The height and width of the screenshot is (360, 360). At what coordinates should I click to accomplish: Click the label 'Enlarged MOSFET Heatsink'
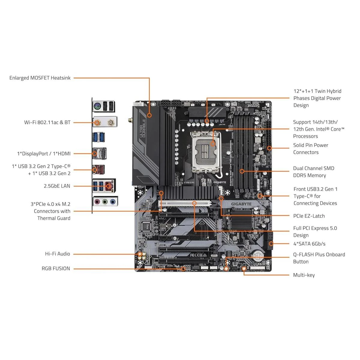click(x=40, y=78)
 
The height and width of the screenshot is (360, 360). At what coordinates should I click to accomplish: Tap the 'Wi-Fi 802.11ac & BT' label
click(x=47, y=122)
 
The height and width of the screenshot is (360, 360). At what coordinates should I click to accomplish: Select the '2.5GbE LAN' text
click(x=57, y=186)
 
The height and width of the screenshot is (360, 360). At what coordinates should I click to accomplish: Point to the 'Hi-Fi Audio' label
click(x=58, y=254)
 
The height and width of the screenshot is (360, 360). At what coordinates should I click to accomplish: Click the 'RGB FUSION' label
click(x=56, y=268)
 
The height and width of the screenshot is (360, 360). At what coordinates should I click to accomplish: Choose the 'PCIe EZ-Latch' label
click(x=309, y=216)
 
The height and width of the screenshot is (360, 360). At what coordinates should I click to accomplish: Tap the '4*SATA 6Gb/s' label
click(x=309, y=244)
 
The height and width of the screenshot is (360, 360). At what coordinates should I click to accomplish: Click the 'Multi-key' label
click(x=304, y=275)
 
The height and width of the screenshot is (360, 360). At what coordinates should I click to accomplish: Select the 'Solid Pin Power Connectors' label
click(x=310, y=149)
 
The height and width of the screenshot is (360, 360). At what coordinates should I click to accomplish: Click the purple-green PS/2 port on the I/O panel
click(x=97, y=106)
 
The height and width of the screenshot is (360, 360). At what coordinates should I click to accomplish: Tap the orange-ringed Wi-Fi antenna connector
click(x=97, y=122)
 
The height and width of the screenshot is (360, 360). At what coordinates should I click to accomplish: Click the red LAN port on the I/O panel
click(x=109, y=186)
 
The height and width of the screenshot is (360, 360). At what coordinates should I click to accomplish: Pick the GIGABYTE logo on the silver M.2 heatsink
click(x=241, y=204)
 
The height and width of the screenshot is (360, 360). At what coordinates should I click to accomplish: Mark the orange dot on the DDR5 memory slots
click(x=242, y=171)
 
